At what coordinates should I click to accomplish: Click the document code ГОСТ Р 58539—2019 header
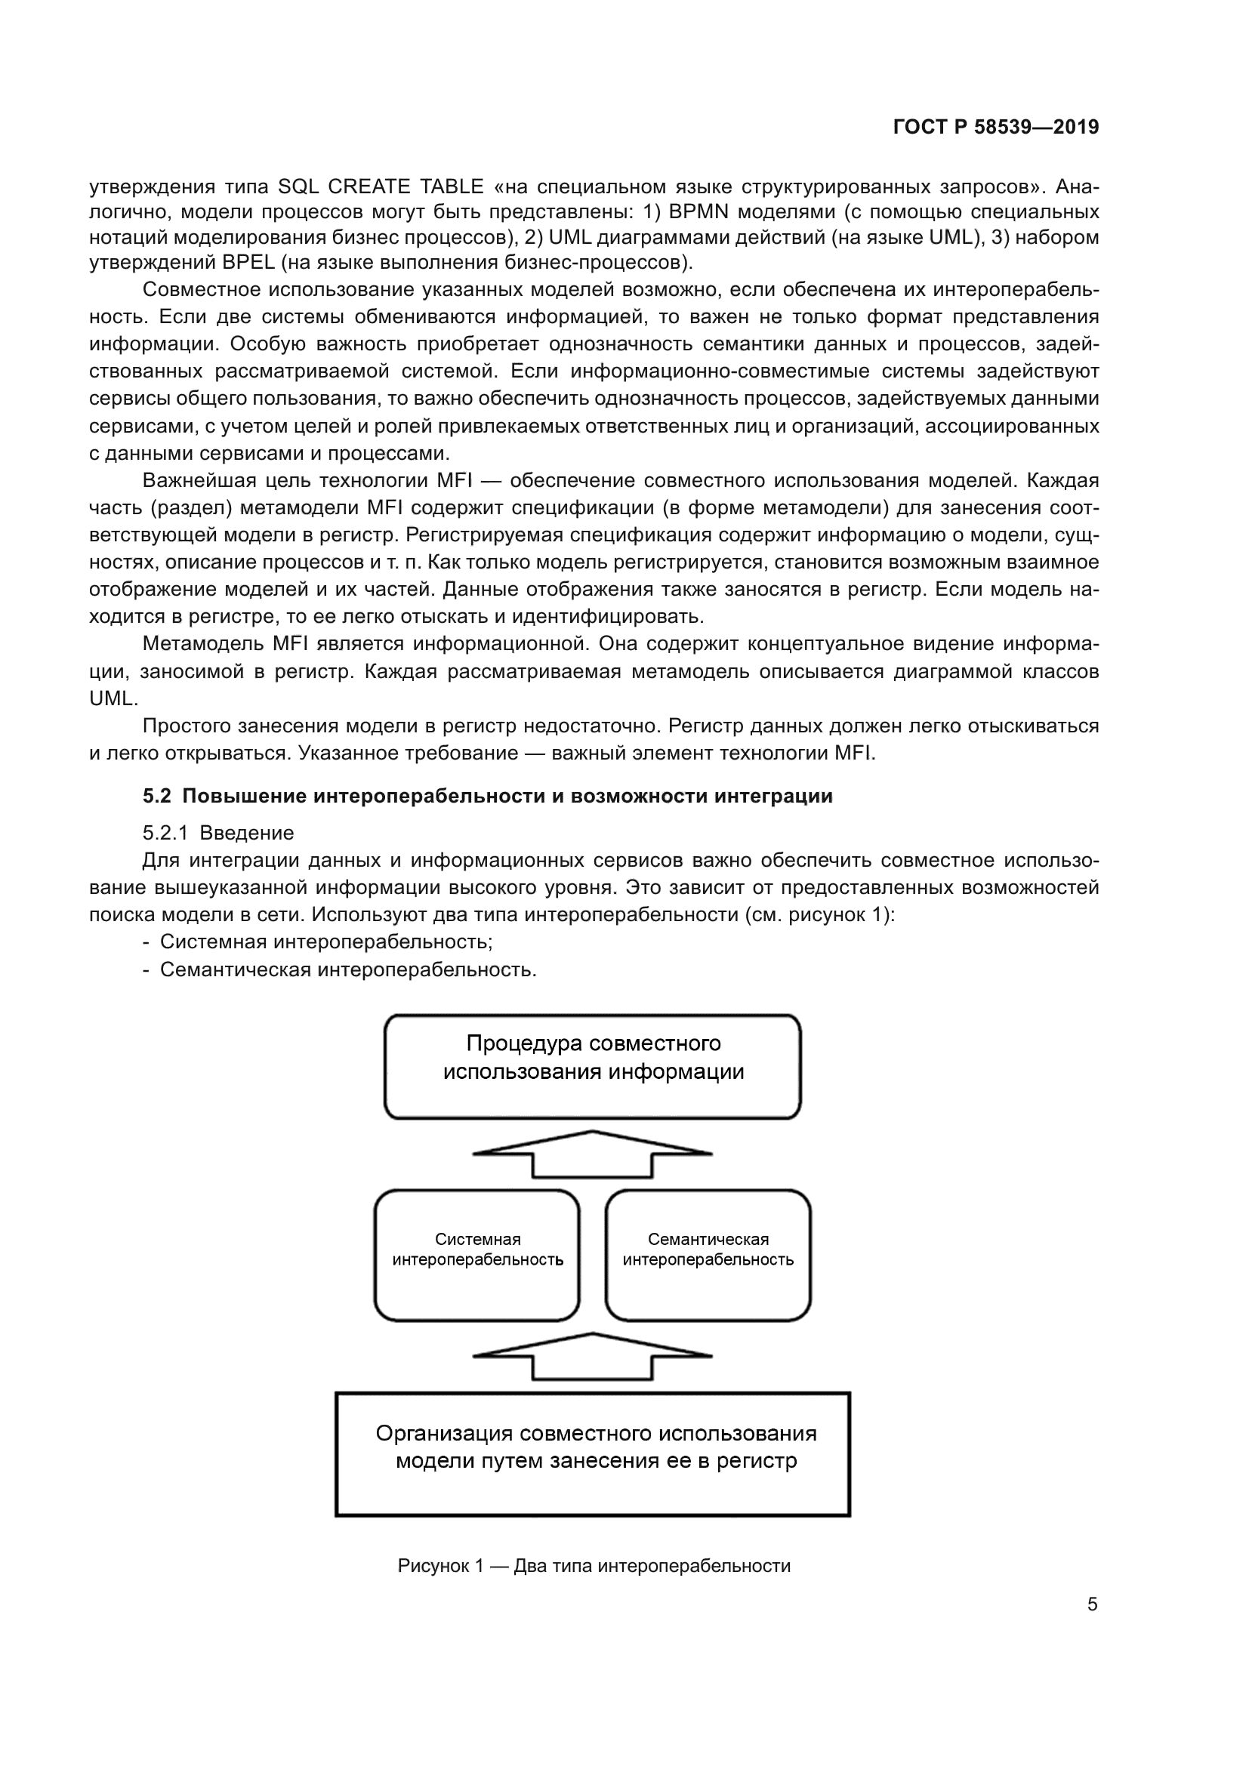[x=996, y=127]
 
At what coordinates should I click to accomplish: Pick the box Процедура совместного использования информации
[x=592, y=1066]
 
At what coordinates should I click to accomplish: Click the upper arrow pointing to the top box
[x=592, y=1154]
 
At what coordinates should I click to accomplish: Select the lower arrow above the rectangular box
[x=592, y=1356]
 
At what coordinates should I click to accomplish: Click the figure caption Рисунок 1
[x=594, y=1566]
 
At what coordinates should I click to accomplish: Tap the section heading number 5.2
[x=156, y=796]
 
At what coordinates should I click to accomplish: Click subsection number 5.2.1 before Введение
[x=165, y=833]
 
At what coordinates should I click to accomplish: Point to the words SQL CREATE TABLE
[x=381, y=186]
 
